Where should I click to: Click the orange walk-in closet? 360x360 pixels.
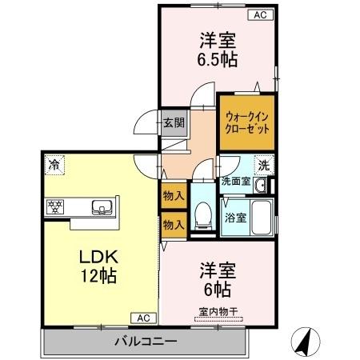click(247, 122)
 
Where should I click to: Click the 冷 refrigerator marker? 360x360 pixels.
click(54, 166)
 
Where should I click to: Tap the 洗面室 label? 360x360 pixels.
click(236, 181)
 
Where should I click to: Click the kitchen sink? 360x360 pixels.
click(103, 210)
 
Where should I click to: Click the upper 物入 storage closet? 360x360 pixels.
click(173, 195)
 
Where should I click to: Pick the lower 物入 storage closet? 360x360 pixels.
click(173, 225)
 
